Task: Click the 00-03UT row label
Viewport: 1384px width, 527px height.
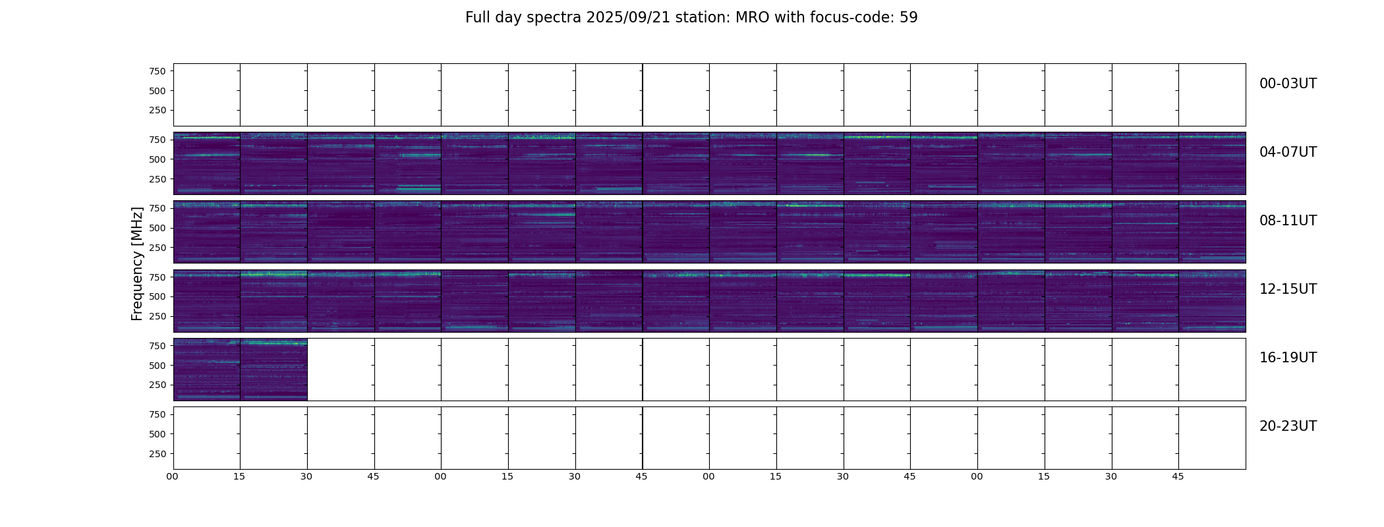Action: (x=1288, y=84)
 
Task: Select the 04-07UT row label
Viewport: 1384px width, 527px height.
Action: (x=1288, y=152)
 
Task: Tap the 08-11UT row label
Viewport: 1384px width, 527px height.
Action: (x=1288, y=221)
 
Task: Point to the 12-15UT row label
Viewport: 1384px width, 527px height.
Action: (x=1288, y=289)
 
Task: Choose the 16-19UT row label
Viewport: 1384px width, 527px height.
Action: (x=1288, y=358)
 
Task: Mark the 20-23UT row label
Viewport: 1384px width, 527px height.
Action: (x=1288, y=426)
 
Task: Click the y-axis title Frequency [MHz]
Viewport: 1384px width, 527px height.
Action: (x=137, y=263)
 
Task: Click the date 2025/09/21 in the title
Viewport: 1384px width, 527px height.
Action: (x=628, y=18)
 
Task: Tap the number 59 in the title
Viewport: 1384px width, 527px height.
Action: (x=909, y=18)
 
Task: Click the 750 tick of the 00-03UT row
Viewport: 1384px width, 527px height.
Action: (x=157, y=71)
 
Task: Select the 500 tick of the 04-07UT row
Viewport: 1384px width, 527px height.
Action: (x=157, y=159)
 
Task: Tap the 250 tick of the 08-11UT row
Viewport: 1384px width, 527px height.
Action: (x=157, y=248)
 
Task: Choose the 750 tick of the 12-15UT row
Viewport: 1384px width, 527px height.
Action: (x=157, y=277)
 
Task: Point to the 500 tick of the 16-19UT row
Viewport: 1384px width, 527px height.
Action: (x=157, y=366)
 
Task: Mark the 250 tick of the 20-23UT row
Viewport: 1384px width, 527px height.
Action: (x=157, y=454)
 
